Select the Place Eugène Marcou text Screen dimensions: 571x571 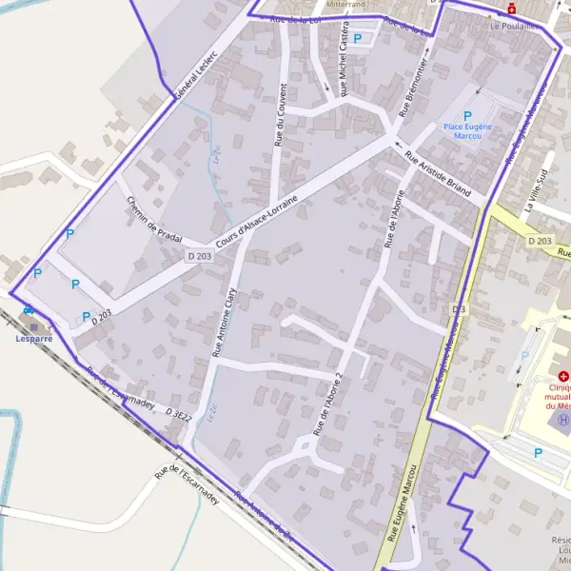click(466, 130)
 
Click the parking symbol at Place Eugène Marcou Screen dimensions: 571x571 click(467, 114)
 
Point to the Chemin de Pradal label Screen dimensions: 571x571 click(152, 220)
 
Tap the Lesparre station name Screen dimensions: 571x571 click(34, 338)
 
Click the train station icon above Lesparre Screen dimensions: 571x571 click(30, 310)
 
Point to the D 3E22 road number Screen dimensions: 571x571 click(179, 416)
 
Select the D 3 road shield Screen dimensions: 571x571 click(460, 309)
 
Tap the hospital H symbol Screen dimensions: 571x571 click(563, 419)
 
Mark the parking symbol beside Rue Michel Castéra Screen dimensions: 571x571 click(358, 38)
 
